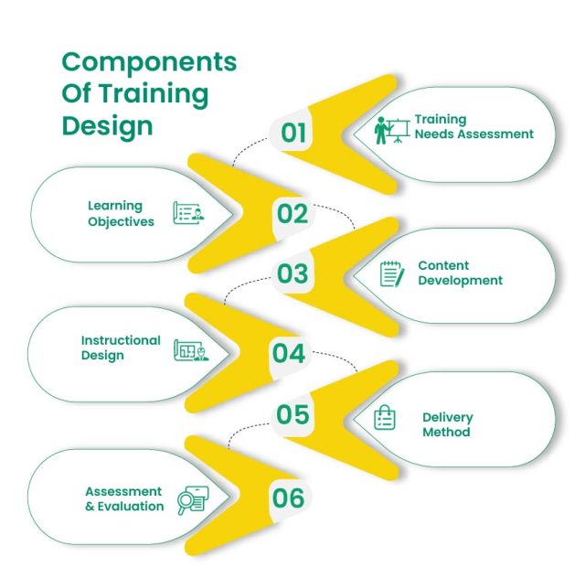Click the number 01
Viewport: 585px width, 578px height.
[293, 134]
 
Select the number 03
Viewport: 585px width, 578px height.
[293, 273]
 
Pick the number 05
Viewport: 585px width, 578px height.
[293, 415]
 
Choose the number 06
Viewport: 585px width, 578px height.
[288, 498]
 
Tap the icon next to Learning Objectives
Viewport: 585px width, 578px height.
[189, 214]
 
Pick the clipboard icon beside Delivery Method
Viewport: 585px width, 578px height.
[385, 418]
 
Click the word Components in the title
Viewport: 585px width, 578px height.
[149, 62]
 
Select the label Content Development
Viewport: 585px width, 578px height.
[460, 273]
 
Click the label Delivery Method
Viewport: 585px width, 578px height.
[447, 424]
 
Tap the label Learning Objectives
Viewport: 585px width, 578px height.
[121, 214]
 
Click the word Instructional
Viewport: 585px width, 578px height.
[120, 340]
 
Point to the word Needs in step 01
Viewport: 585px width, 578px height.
[435, 134]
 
